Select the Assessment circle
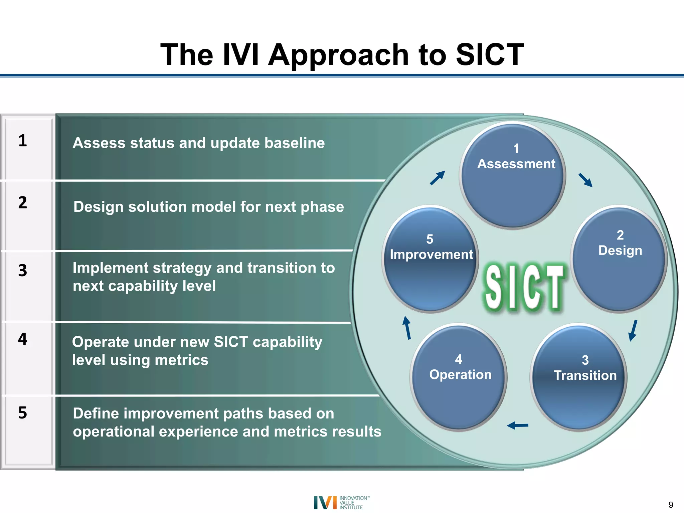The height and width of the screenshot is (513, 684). pos(512,176)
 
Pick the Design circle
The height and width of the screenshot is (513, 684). pos(619,259)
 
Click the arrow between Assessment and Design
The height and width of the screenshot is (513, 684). pos(585,180)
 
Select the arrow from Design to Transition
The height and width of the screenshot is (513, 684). pos(633,331)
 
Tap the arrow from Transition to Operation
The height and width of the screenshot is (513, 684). pos(517,425)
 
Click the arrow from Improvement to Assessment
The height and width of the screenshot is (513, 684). pos(438,178)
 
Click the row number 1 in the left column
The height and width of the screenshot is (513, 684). pos(23,141)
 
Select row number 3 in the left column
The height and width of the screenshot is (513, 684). pos(23,270)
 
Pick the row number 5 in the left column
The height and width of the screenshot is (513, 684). pos(23,413)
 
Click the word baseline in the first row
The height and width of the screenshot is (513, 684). pos(295,143)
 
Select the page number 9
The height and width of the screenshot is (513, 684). pos(671,505)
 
